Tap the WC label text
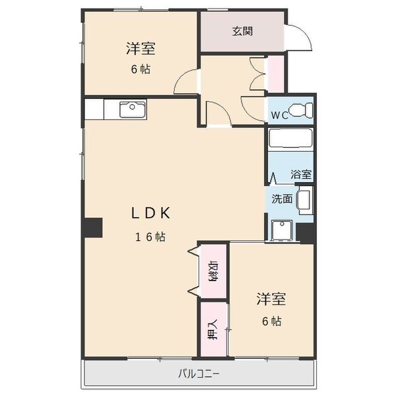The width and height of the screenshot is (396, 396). [x=280, y=115]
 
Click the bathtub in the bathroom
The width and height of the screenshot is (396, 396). [x=290, y=141]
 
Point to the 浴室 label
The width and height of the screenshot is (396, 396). [x=302, y=175]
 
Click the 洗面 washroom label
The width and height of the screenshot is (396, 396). [x=282, y=199]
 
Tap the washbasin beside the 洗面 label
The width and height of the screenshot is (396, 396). [x=304, y=200]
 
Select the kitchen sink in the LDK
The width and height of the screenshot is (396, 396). [x=133, y=108]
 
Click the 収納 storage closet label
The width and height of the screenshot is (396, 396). [x=214, y=271]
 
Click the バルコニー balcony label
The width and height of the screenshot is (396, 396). [x=199, y=374]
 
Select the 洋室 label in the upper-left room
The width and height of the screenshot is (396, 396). [x=141, y=48]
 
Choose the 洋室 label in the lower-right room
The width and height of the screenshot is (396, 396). [x=271, y=299]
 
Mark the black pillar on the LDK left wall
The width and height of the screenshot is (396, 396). [x=92, y=227]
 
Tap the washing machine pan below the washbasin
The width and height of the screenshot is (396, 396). [x=282, y=229]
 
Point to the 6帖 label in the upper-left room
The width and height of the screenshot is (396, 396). [x=140, y=69]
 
